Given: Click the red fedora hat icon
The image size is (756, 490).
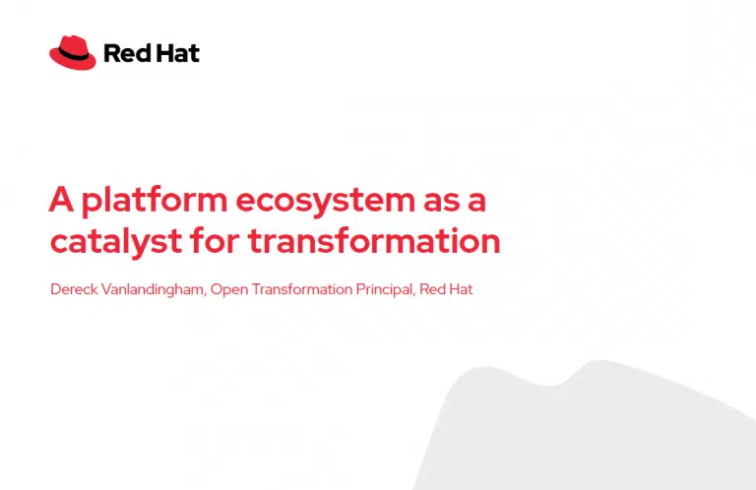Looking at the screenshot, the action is point(72,52).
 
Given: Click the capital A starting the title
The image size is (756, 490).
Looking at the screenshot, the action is point(61,199).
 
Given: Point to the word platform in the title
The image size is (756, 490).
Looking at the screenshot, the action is point(155,201).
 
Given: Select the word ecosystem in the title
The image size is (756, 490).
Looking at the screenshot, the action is point(325,202).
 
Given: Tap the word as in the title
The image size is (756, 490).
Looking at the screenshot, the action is point(442,203).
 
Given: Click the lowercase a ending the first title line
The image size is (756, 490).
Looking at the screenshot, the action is point(476,203).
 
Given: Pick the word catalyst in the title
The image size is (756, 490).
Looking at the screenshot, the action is point(116,241).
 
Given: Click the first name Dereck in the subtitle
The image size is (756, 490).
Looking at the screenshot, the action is point(74,289).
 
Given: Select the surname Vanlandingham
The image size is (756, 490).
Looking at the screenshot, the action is point(154,289).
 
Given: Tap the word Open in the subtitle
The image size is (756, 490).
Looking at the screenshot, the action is point(229,290).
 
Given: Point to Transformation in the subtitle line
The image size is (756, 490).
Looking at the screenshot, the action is point(302,289).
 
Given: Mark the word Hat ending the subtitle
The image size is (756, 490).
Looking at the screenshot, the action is point(461,289).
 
